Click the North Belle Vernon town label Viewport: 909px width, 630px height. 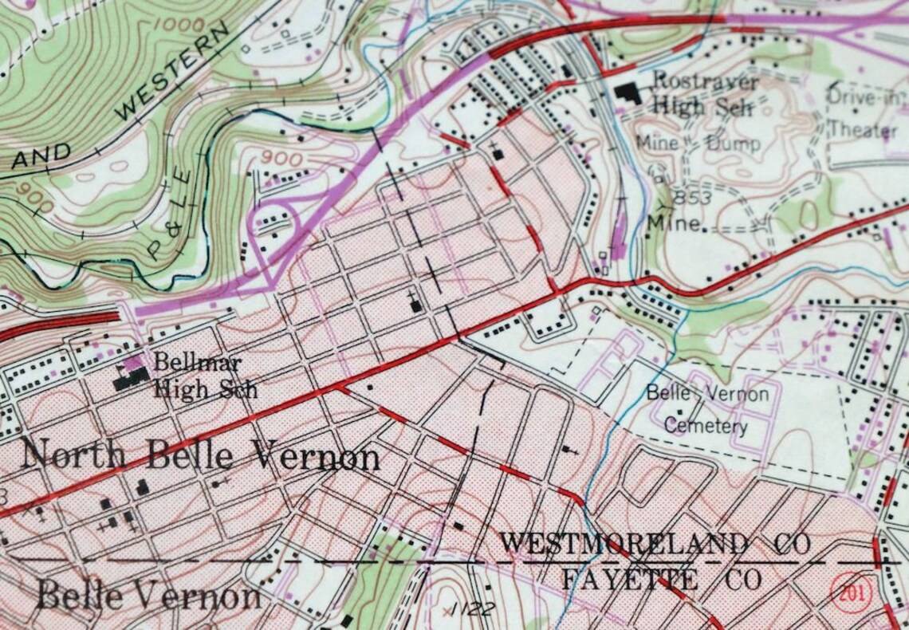(x=200, y=457)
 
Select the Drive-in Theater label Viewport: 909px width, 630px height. (x=862, y=112)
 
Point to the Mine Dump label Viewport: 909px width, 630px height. (x=698, y=144)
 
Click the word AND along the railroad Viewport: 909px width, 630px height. (x=41, y=156)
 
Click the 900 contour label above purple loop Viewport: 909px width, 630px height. (x=281, y=158)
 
